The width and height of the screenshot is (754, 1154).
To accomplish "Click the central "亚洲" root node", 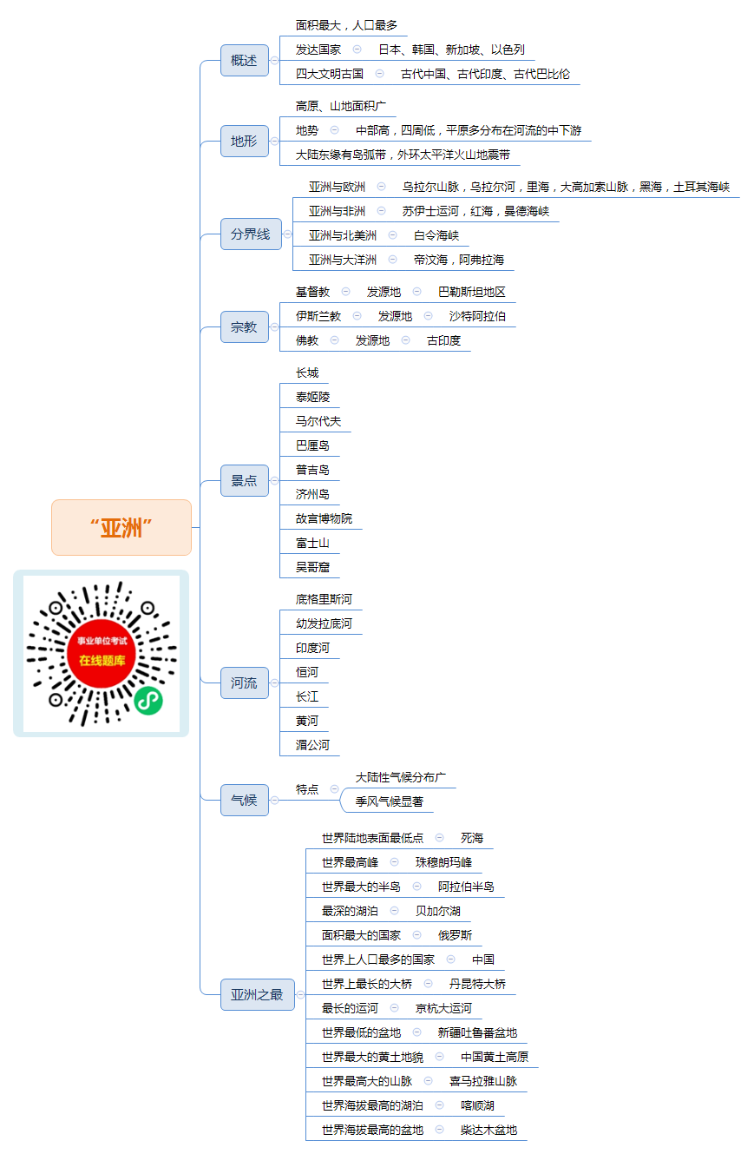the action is (x=121, y=527).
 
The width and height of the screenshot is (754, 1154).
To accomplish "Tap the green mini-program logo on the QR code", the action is (x=148, y=701).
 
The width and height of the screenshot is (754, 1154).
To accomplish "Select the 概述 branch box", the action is (x=245, y=60).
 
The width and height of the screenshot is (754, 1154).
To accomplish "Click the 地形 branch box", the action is (x=245, y=141).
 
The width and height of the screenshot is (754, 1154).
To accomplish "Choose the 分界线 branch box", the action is (x=251, y=234).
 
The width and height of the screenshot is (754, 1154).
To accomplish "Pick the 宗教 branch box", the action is (x=245, y=326).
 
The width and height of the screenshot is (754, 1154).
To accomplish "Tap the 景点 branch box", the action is (x=245, y=480).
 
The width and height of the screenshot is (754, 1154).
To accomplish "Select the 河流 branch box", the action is (x=245, y=683).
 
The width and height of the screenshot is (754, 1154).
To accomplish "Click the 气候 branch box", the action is (x=245, y=800).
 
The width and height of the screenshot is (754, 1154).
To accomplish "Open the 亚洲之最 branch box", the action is (x=258, y=994).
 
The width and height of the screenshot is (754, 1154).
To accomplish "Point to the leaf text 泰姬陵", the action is (x=312, y=397).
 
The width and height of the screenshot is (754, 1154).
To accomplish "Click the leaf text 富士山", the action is (x=312, y=543).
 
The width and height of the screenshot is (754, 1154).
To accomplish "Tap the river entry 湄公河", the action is (x=312, y=745).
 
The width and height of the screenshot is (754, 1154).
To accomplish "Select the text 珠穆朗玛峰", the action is (x=443, y=862).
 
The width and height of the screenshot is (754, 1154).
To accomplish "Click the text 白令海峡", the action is (x=436, y=235).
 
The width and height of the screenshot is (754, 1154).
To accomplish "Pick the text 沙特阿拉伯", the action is (x=477, y=316).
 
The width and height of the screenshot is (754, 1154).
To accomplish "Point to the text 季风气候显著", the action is (x=390, y=801).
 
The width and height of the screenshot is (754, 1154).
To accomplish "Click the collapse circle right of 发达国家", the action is (x=357, y=49).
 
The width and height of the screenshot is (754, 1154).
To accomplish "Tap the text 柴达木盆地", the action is (x=489, y=1130).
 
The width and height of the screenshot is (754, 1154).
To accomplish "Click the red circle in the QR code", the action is (x=102, y=654).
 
